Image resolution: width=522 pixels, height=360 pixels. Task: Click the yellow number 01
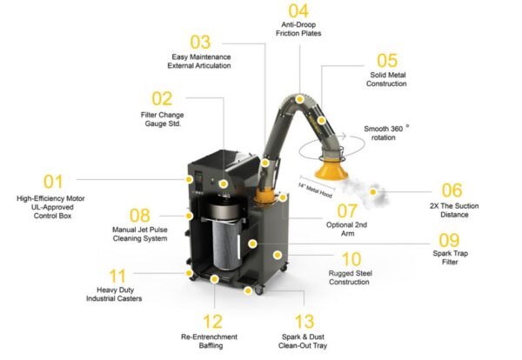(x=54, y=181)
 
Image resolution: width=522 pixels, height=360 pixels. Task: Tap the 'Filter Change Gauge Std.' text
(x=161, y=118)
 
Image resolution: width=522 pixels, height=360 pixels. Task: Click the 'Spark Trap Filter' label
(x=462, y=258)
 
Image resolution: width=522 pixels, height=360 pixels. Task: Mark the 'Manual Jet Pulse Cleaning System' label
(x=139, y=234)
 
